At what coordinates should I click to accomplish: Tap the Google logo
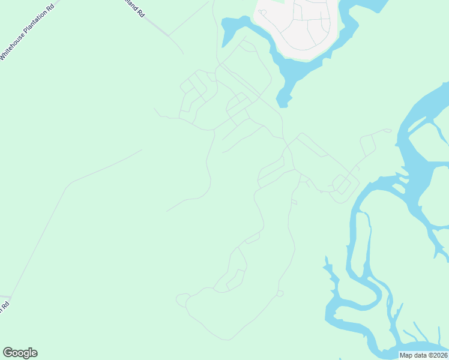click(x=20, y=353)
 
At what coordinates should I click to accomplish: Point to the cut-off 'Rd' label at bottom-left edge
click(x=4, y=305)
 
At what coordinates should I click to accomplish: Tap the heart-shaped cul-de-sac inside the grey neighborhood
click(x=262, y=12)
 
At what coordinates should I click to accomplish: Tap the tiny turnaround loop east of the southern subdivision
click(x=280, y=293)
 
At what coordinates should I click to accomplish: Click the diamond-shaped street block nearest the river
click(x=342, y=184)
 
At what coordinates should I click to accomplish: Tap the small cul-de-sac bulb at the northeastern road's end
click(x=388, y=130)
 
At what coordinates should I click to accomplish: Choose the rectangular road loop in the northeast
click(x=367, y=145)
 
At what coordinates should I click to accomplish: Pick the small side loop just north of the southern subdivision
click(x=252, y=239)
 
